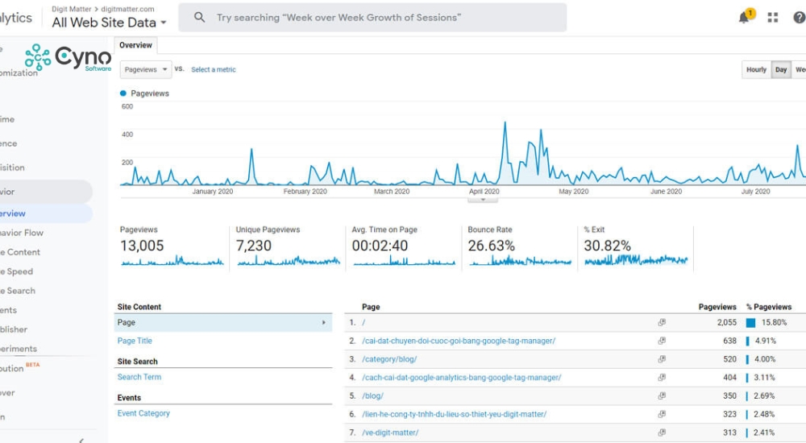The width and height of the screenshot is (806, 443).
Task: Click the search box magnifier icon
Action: tap(200, 18)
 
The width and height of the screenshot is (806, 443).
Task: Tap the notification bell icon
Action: tap(744, 18)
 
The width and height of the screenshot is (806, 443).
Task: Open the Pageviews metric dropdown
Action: tap(146, 69)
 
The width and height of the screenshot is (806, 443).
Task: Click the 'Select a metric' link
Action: tap(214, 70)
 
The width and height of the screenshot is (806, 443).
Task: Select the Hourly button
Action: tap(756, 70)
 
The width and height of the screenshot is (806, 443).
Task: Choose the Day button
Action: tap(781, 70)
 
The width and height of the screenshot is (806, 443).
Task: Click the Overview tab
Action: tap(135, 46)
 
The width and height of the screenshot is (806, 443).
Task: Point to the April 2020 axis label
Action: tap(484, 192)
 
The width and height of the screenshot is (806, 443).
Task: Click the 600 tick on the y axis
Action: tap(127, 106)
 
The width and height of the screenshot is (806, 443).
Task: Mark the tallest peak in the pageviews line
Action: tap(505, 122)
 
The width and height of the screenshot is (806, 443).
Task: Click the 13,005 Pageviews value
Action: tap(142, 246)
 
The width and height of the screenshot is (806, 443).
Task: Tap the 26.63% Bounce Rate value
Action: tap(491, 246)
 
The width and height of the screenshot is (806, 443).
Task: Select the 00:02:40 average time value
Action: tap(380, 246)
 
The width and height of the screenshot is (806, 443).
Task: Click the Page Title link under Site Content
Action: tap(135, 341)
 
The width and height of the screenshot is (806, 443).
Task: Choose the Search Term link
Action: tap(139, 377)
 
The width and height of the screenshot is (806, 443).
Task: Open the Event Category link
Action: tap(143, 413)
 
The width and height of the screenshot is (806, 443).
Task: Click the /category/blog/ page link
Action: tap(389, 359)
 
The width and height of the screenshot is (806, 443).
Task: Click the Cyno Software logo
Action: tap(69, 58)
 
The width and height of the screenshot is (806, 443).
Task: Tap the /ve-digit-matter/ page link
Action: tap(390, 433)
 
